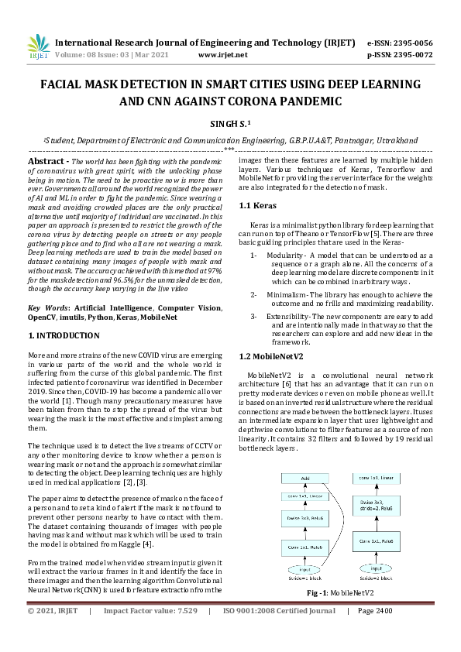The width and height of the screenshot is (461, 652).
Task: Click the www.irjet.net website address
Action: coord(222,55)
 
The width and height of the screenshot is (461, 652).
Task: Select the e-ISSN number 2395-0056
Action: coord(412,43)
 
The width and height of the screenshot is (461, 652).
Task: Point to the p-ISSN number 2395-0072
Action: coord(412,55)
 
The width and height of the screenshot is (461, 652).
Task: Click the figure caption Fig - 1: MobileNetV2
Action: coord(329,592)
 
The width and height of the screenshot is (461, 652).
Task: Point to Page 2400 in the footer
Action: coord(375,633)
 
